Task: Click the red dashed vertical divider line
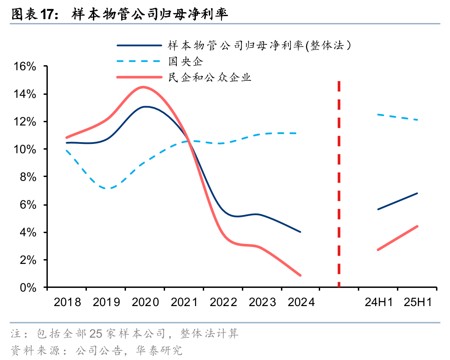tap(339, 183)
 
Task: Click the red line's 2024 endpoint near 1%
tap(300, 275)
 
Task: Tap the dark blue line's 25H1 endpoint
tap(417, 193)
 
